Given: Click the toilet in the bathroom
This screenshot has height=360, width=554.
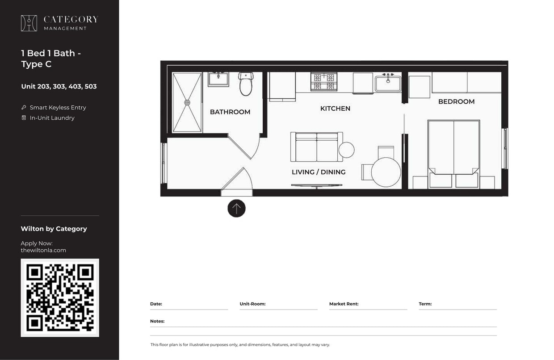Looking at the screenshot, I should coord(246,84).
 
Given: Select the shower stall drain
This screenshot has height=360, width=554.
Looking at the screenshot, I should coord(187,103).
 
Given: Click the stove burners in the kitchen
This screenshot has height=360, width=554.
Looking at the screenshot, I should coord(324,82).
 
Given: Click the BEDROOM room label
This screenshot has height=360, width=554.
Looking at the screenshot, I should coord(456,101).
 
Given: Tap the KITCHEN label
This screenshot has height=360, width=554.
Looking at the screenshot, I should coord(335,109).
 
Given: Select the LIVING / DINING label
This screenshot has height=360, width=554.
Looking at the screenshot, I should coord(319,172).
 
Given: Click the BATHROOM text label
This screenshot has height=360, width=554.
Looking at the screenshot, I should coord(230,112).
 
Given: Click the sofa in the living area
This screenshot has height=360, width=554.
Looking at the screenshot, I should coord(316,147).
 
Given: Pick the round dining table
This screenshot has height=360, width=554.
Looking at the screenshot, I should coord(386,172).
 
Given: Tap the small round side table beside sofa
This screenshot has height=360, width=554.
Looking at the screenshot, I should coord(346,150).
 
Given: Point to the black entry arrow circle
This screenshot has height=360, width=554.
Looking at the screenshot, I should coord(236,208).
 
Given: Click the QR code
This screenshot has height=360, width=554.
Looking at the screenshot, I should coord(60,297).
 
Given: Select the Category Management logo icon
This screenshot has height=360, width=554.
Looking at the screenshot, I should coord(29,23).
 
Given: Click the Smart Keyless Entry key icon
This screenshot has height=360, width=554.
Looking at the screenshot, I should coord(24,108).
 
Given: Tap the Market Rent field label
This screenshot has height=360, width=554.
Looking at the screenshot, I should coord(344,304).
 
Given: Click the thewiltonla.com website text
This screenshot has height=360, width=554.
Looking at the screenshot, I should coord(43,250).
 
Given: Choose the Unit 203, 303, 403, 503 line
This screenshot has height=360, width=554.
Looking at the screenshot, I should coord(59,86).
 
